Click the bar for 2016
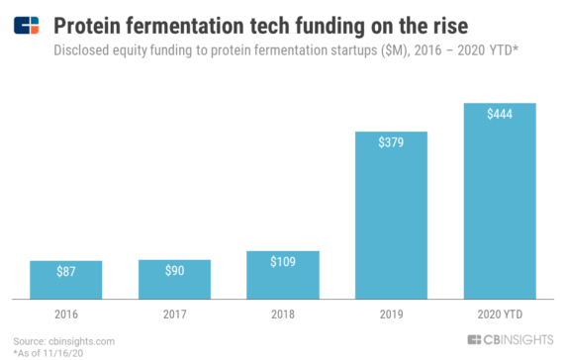tap(66, 279)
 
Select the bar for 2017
tap(174, 278)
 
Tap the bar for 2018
tap(283, 274)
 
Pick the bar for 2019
tap(392, 215)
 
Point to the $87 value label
tap(66, 271)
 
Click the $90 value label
tap(174, 270)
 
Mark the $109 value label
tap(283, 261)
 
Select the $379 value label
tap(392, 142)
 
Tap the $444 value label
tap(500, 114)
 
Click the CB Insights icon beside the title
tap(27, 23)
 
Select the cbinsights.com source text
tap(80, 341)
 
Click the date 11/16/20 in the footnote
tap(64, 352)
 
